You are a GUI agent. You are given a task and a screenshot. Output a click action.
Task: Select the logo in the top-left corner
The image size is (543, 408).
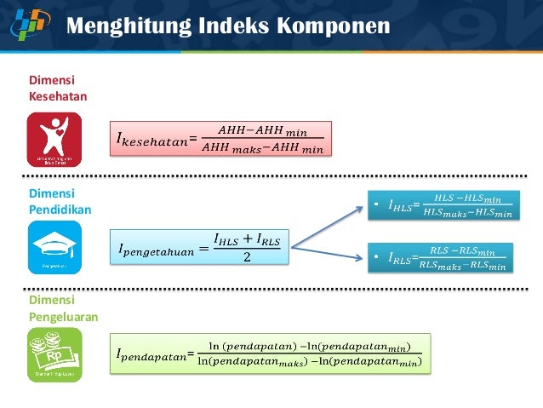pyautogui.click(x=31, y=23)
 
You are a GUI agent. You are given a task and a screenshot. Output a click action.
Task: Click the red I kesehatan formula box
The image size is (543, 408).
pyautogui.click(x=220, y=140)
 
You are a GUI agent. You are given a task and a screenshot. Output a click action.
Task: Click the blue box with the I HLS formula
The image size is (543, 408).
pyautogui.click(x=442, y=205)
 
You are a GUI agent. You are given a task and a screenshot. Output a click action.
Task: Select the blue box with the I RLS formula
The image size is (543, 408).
pyautogui.click(x=442, y=257)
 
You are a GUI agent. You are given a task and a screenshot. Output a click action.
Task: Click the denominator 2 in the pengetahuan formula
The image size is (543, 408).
pyautogui.click(x=247, y=258)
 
